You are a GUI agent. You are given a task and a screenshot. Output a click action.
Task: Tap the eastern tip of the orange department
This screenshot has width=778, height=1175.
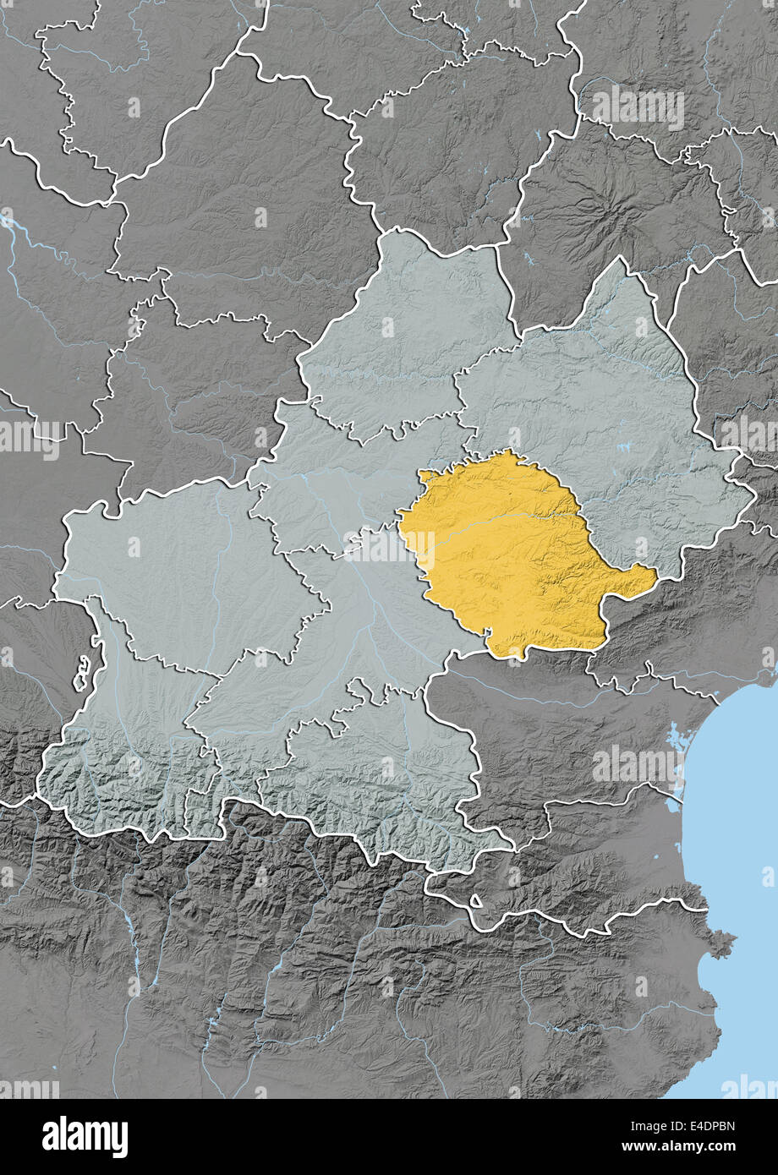[x=653, y=578]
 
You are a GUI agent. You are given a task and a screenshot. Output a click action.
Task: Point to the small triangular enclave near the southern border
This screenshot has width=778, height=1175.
[x=475, y=902]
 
